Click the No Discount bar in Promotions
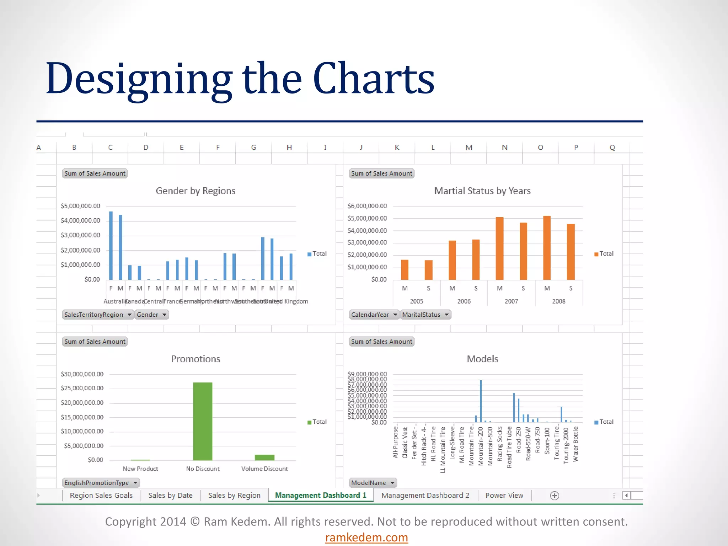point(203,421)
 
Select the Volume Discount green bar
point(264,457)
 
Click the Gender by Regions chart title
point(196,191)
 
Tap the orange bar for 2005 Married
point(405,270)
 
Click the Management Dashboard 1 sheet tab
point(321,495)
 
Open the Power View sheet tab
point(504,495)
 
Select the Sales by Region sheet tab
point(234,495)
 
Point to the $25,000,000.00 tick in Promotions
point(82,388)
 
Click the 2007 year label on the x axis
point(511,301)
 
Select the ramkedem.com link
point(366,537)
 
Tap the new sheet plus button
point(554,496)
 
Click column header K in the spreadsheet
point(397,147)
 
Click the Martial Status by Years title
point(482,191)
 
